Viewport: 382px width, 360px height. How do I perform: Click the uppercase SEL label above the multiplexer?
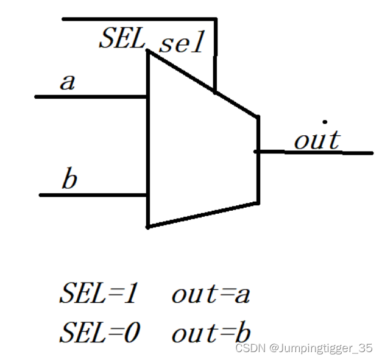point(122,39)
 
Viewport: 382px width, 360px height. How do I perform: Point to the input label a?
point(68,82)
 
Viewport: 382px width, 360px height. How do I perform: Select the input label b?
point(69,180)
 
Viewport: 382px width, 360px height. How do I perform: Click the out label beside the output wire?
point(316,140)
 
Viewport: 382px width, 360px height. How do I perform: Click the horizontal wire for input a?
point(91,96)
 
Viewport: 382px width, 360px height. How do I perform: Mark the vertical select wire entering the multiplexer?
point(215,61)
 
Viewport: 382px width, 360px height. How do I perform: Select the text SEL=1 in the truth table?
point(100,294)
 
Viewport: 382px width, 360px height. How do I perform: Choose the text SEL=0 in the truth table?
point(100,333)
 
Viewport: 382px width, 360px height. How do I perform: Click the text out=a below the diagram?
point(211,294)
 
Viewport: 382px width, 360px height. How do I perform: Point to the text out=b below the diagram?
point(211,333)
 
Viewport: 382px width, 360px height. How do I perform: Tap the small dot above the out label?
point(325,122)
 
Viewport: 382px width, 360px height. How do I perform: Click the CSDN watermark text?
point(248,348)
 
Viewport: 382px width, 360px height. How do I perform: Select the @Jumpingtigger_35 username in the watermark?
point(320,348)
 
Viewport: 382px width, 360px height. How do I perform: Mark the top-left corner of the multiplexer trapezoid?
point(147,51)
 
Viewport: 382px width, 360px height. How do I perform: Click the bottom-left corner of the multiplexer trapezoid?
point(147,227)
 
